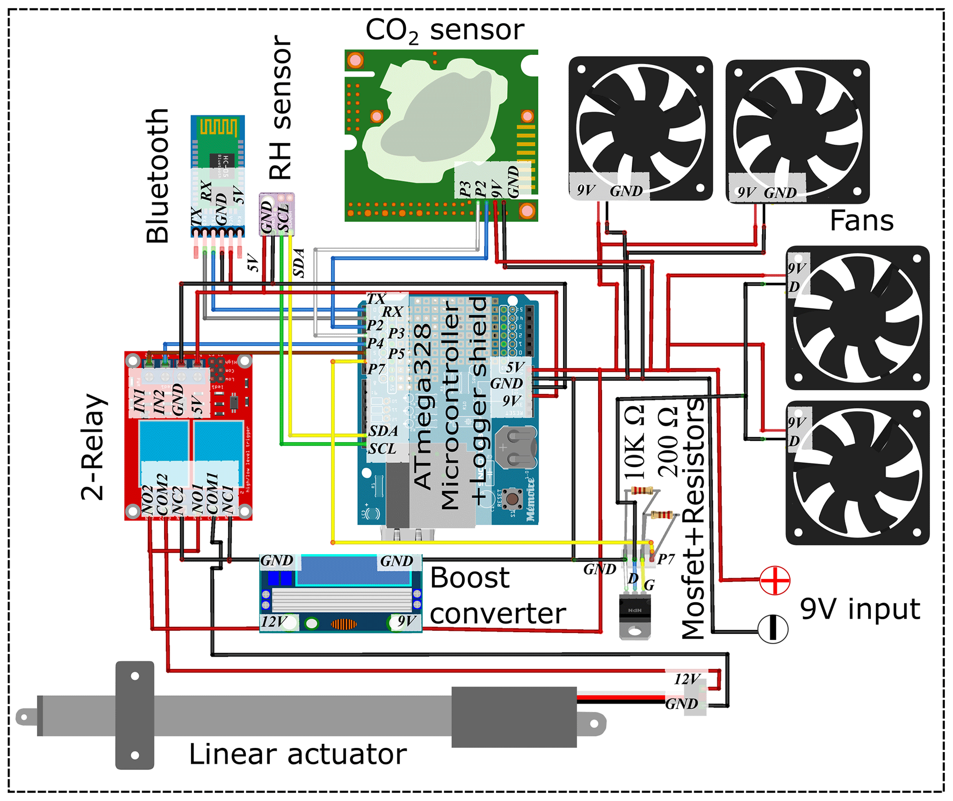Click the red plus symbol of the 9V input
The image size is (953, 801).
775,580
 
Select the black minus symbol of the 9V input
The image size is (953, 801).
773,629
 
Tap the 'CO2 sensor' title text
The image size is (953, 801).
444,30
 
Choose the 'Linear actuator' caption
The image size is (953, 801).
298,754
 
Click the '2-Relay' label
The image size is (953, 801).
94,447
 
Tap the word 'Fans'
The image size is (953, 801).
861,221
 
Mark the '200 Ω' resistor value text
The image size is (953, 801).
668,442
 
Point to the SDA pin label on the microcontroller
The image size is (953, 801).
383,431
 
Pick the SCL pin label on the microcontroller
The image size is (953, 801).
382,448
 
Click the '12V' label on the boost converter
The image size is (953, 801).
274,622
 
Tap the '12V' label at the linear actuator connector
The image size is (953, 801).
687,679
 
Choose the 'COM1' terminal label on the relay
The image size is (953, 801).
212,494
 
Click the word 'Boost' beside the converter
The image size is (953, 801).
469,578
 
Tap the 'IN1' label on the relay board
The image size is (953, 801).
140,400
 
